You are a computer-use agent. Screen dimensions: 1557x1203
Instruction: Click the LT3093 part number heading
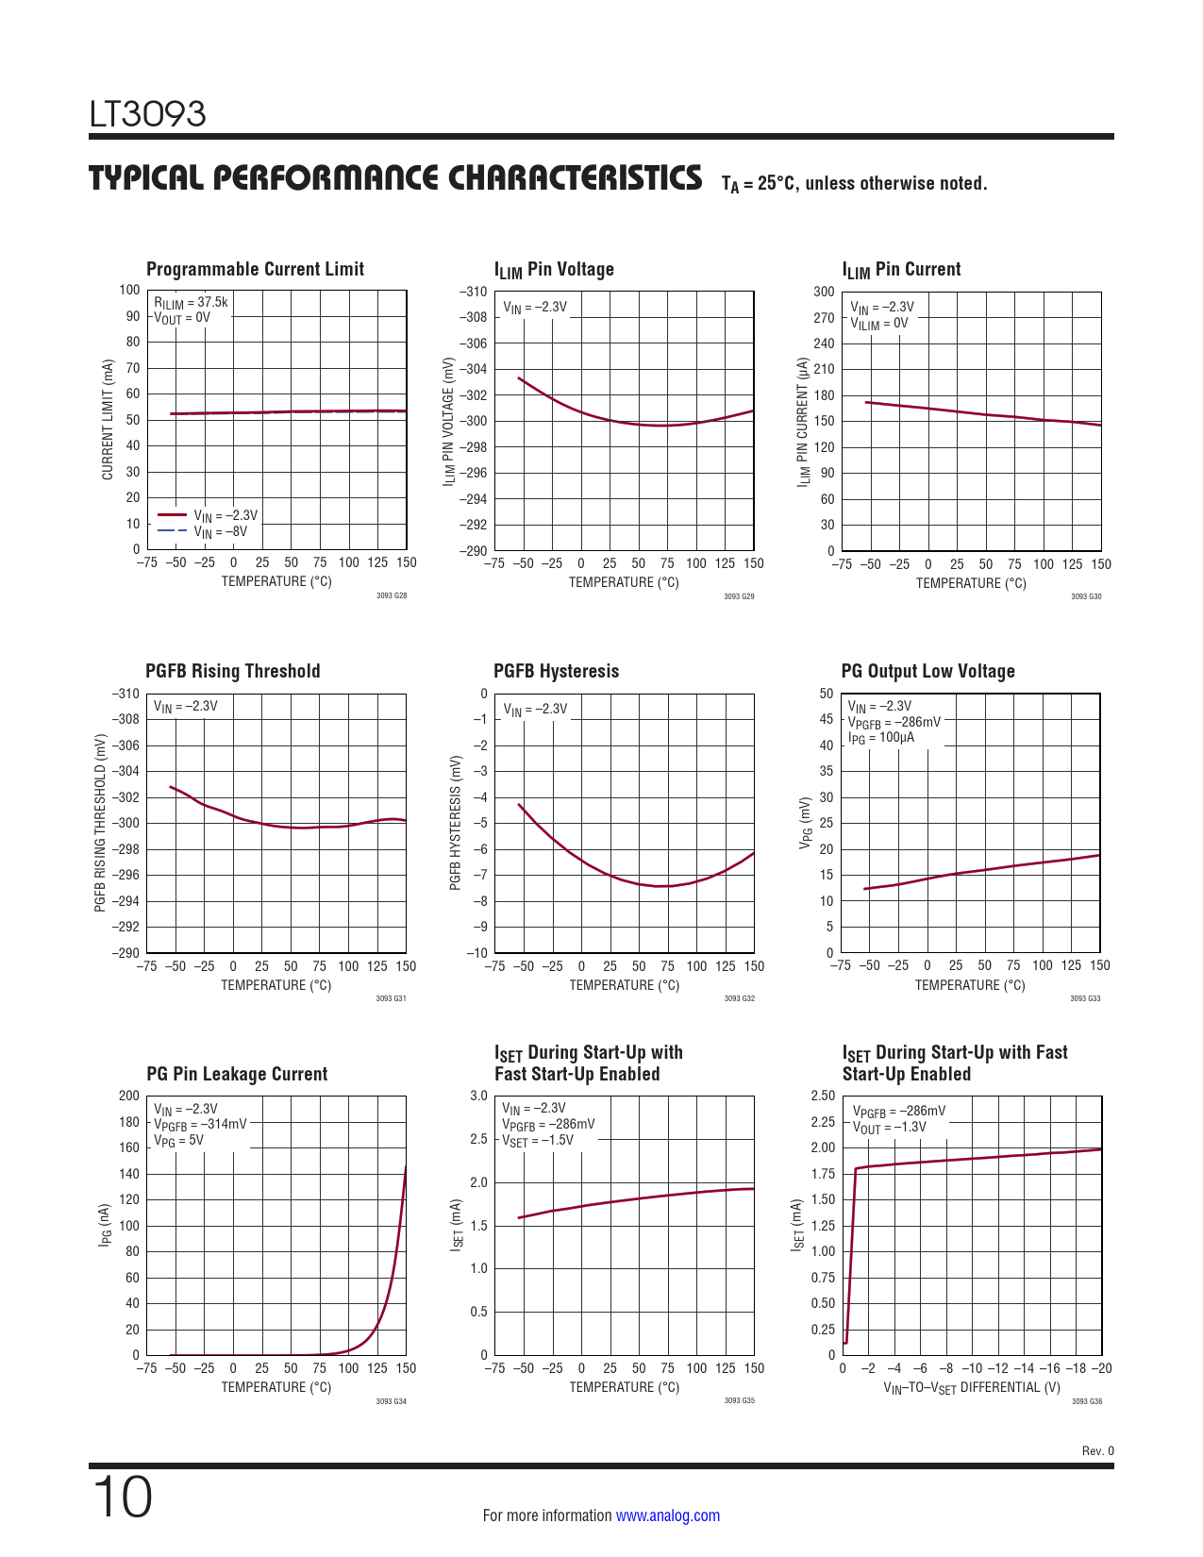[x=147, y=114]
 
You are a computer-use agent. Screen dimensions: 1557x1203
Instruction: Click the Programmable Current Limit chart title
[x=255, y=269]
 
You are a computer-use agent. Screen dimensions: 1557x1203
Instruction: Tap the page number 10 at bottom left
[x=123, y=1498]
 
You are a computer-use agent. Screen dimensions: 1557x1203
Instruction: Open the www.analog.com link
[x=667, y=1515]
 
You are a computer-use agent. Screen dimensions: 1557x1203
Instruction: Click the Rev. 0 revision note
[x=1097, y=1450]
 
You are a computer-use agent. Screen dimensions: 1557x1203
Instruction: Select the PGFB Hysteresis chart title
[x=556, y=671]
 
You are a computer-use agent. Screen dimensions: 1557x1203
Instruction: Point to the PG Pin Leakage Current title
[x=237, y=1074]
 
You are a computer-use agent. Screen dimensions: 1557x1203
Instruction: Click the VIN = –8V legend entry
[x=221, y=532]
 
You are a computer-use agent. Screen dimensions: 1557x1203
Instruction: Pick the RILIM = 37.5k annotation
[x=192, y=303]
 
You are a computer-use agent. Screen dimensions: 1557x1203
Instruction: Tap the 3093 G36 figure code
[x=1087, y=1401]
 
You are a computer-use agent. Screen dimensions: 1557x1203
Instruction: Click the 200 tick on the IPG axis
[x=129, y=1096]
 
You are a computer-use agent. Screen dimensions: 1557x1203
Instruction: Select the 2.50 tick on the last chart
[x=823, y=1096]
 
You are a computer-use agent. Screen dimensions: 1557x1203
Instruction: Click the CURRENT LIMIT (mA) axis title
[x=108, y=420]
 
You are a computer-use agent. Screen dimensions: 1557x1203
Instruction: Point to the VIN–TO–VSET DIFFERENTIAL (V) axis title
[x=972, y=1387]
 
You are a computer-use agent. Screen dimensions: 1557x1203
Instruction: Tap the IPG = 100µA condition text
[x=881, y=738]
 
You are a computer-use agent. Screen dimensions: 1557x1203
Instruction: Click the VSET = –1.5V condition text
[x=538, y=1140]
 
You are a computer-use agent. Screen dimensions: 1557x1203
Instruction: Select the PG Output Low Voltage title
[x=927, y=671]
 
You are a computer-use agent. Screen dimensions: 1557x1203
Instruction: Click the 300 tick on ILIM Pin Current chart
[x=825, y=292]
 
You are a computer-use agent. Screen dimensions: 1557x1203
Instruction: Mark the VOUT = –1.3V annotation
[x=890, y=1128]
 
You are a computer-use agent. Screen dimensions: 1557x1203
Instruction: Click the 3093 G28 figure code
[x=392, y=595]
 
